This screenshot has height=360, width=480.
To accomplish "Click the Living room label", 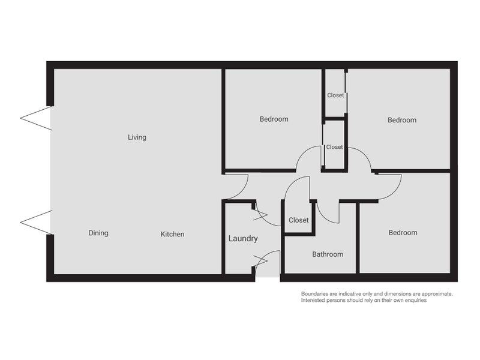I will [x=137, y=137].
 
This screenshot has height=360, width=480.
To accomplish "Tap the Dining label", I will [x=98, y=233].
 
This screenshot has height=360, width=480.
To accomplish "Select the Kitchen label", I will [x=172, y=234].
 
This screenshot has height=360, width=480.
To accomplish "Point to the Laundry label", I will [x=243, y=238].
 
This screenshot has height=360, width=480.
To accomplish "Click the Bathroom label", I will [x=328, y=254].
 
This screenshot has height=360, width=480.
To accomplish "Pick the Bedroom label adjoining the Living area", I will [x=274, y=119].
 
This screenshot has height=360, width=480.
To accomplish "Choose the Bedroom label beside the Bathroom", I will [x=403, y=233].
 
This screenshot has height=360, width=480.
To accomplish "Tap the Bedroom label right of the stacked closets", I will [x=401, y=120].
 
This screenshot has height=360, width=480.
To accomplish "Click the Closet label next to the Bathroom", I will [x=299, y=220].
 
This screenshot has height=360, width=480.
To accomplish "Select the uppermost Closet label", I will [x=335, y=95].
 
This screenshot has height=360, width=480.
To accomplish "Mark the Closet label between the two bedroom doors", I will [x=334, y=147].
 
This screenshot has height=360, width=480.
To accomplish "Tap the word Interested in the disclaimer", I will [x=316, y=300].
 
